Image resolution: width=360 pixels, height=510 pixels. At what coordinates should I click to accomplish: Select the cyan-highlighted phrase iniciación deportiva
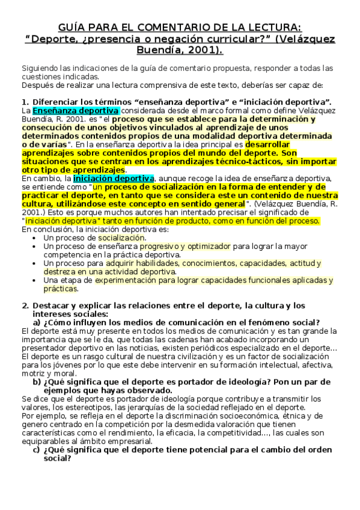pos(114,178)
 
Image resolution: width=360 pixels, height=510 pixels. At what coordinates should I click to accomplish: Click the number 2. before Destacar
pos(24,306)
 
